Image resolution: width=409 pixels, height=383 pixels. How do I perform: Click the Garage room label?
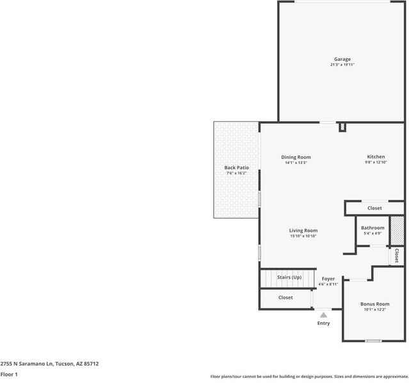click(342, 59)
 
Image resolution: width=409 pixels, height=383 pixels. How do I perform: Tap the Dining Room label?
click(296, 157)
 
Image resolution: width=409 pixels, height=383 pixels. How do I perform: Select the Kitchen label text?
click(376, 157)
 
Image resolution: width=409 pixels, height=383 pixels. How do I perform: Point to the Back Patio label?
click(236, 168)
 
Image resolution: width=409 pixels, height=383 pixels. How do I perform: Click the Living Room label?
click(303, 231)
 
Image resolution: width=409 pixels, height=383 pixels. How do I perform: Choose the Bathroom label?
click(373, 228)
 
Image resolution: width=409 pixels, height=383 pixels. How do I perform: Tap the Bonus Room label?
click(374, 304)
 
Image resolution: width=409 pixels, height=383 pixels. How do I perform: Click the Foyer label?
click(328, 279)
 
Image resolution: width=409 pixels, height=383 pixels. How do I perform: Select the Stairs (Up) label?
click(289, 277)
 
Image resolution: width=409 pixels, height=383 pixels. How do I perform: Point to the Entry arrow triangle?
click(323, 314)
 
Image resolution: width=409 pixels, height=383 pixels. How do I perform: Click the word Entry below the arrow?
click(323, 323)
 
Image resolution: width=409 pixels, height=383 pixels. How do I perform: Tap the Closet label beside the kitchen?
click(374, 208)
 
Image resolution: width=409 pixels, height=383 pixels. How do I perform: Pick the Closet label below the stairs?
click(285, 298)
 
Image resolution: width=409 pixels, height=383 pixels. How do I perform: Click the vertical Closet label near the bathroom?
click(396, 256)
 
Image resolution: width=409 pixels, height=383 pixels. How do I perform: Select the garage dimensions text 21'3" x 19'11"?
click(342, 65)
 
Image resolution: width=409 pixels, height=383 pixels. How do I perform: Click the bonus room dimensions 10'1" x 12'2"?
click(374, 309)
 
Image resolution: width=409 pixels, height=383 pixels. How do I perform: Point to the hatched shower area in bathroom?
click(397, 231)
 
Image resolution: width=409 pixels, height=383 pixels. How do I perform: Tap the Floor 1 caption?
click(9, 374)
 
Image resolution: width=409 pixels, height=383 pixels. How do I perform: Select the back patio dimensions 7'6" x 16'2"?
click(236, 174)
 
